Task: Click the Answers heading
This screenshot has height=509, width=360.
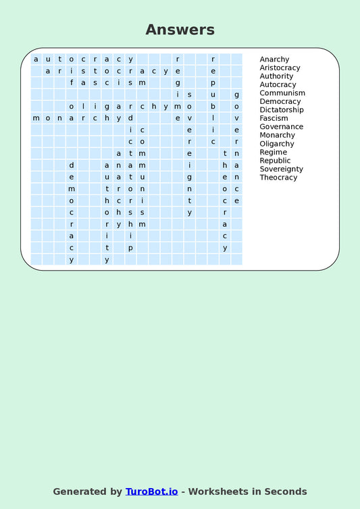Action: coord(180,30)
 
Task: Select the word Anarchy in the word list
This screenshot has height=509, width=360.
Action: coord(274,59)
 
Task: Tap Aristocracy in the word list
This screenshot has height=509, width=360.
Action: coord(280,68)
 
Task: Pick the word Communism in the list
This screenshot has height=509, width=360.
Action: coord(282,93)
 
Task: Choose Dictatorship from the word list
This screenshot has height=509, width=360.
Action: coord(282,110)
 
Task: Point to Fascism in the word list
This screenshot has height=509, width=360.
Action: coord(274,118)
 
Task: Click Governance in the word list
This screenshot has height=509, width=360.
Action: coord(281,127)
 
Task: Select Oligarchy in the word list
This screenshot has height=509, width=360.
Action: coord(277,144)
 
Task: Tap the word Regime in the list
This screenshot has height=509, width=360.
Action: coord(273,152)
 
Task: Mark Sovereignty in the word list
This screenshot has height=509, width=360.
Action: coord(281,169)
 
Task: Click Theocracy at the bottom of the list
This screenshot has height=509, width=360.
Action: coord(278,178)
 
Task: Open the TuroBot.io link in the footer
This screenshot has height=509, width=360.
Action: coord(151,491)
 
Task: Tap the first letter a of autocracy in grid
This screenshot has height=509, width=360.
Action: coord(36,59)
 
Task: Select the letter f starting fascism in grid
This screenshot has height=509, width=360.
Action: coord(72,82)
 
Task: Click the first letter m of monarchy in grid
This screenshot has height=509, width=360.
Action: coord(36,118)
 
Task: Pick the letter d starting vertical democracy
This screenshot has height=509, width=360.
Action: coord(72,165)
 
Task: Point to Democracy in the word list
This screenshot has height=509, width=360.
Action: coord(280,101)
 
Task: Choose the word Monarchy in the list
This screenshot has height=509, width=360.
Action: coord(277,135)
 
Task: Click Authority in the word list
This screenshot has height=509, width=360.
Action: coord(276,76)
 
